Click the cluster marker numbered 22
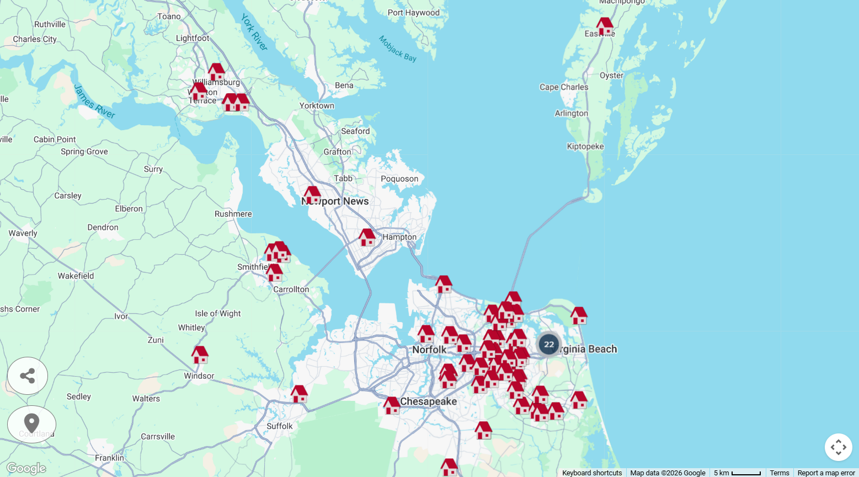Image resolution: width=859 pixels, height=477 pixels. tap(548, 345)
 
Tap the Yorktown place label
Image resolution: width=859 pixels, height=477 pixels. tap(317, 106)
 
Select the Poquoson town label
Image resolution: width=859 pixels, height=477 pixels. tap(399, 179)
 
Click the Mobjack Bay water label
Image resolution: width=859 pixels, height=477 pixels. tap(397, 49)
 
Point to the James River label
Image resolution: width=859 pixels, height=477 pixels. tap(94, 101)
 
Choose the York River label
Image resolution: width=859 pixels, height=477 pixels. tap(254, 33)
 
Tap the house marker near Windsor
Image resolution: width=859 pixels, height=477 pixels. tap(200, 355)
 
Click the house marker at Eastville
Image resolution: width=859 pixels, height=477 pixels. tap(605, 26)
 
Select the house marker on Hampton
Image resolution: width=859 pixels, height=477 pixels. tap(367, 237)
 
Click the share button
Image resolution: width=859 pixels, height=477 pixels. tap(28, 376)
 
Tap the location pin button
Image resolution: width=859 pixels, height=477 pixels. tap(31, 424)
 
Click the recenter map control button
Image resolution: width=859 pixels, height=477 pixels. tap(838, 447)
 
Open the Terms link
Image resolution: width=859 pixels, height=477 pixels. tap(779, 473)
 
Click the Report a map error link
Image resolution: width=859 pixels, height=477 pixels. tap(826, 473)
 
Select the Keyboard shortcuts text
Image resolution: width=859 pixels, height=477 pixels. tap(592, 473)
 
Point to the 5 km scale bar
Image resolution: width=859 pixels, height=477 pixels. tap(738, 473)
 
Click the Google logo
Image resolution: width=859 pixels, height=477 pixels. tap(26, 468)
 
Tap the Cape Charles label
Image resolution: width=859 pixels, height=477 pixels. tap(564, 87)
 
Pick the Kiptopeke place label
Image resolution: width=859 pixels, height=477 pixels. tap(585, 147)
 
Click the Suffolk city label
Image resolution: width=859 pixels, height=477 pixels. tap(280, 426)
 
